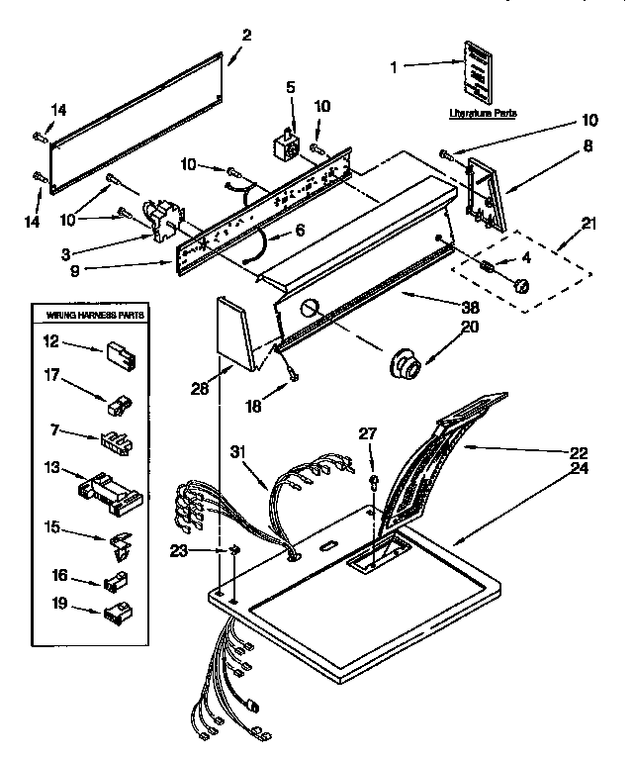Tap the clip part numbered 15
click(x=121, y=543)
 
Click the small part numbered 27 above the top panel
click(x=374, y=483)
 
